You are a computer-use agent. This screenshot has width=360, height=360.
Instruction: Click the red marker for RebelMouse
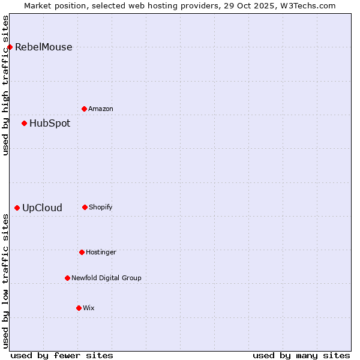[x=10, y=47]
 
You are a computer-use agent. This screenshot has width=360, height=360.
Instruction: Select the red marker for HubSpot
[x=24, y=123]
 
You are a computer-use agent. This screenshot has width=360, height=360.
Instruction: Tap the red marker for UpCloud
[x=17, y=208]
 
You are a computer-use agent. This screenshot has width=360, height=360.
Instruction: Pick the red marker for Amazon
[x=84, y=109]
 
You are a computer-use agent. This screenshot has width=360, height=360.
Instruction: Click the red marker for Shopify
[x=85, y=207]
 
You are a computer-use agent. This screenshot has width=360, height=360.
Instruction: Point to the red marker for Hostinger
[x=82, y=252]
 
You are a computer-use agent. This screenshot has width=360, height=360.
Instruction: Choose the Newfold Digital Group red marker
[x=67, y=278]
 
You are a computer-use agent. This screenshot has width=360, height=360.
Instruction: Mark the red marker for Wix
[x=79, y=308]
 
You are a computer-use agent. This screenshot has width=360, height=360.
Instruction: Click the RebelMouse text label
[x=43, y=47]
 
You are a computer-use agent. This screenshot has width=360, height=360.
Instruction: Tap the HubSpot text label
[x=50, y=124]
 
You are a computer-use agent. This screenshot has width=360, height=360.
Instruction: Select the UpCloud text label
[x=42, y=208]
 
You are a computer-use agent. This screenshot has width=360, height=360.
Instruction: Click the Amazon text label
[x=101, y=109]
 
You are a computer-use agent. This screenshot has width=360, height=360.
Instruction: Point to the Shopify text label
[x=101, y=208]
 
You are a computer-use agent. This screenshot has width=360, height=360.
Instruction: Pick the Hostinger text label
[x=101, y=253]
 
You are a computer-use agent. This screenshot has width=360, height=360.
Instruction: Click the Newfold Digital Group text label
[x=106, y=278]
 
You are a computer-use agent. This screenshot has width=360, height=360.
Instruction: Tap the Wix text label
[x=89, y=308]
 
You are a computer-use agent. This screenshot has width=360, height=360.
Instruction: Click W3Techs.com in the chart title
[x=307, y=5]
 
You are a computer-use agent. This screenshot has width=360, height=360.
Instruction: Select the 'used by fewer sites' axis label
[x=62, y=355]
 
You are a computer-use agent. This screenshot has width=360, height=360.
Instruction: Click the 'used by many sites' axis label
[x=301, y=355]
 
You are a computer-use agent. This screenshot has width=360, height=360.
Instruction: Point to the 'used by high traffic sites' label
[x=5, y=85]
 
